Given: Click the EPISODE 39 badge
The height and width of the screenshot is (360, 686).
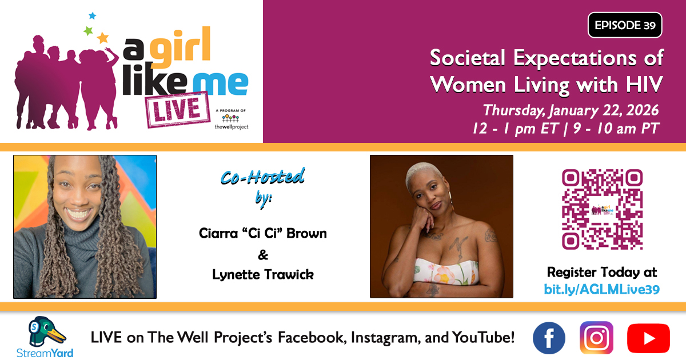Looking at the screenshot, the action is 625,25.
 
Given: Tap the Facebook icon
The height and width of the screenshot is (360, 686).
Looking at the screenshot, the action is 549,338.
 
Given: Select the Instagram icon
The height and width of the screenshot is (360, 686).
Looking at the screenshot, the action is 596,338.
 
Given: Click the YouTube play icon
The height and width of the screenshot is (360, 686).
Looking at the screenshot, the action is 648,338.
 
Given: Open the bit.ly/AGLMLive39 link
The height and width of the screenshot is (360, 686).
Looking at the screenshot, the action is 602,289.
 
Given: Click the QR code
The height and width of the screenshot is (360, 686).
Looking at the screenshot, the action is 602,209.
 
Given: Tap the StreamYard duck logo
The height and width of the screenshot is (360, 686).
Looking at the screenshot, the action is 45,331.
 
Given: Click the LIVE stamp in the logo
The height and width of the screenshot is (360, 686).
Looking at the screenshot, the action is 178,110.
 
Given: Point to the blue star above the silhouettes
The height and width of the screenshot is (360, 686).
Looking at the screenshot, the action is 92,15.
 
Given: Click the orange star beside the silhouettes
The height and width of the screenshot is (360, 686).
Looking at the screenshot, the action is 103,38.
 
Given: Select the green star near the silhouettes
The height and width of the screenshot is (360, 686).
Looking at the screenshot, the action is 88,31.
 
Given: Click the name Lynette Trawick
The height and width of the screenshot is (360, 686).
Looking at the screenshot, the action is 263,274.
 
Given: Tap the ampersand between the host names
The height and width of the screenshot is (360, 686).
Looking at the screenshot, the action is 263,255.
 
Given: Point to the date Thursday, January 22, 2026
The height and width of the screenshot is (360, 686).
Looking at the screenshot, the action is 571,110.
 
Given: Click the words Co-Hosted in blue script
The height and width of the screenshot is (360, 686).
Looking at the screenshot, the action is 262,177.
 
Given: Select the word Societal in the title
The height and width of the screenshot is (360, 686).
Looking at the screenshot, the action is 468,58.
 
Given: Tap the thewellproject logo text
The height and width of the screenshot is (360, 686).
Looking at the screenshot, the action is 232,127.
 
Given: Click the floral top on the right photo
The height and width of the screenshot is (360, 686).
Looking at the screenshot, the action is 446,271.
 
